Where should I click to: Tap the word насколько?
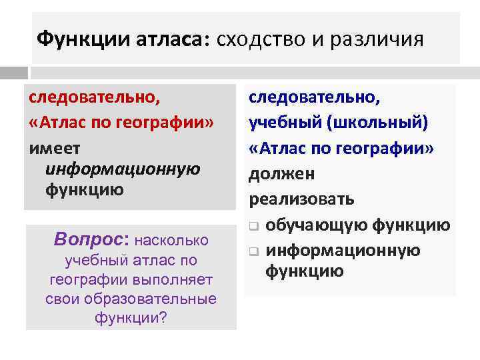[x=172, y=240]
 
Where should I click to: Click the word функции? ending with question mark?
[x=131, y=317]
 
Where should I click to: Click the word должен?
[x=282, y=174]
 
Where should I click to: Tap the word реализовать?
[x=302, y=199]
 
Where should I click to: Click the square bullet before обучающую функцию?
[x=254, y=227]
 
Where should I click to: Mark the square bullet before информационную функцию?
[x=254, y=252]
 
